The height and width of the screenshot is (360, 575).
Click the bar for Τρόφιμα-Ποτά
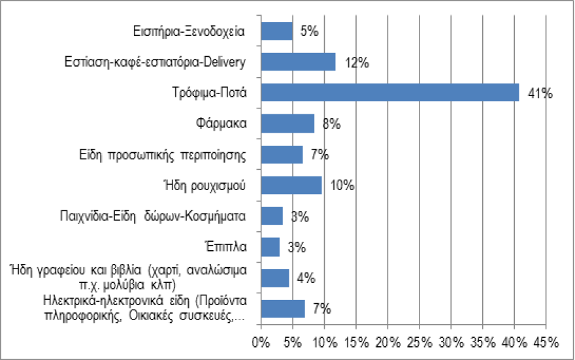pos(389,92)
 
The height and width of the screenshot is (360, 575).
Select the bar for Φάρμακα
pos(287,123)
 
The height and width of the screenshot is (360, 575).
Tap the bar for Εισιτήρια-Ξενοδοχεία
pos(276,31)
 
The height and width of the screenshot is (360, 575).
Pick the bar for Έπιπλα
pos(270,247)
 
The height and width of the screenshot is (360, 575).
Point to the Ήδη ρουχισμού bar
pos(291,185)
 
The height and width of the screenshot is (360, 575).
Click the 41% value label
pos(541,94)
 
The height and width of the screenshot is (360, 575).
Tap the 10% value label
pos(342,186)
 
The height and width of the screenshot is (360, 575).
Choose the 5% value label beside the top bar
pos(308,32)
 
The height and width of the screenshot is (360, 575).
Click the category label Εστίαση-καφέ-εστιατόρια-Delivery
pos(156,63)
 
